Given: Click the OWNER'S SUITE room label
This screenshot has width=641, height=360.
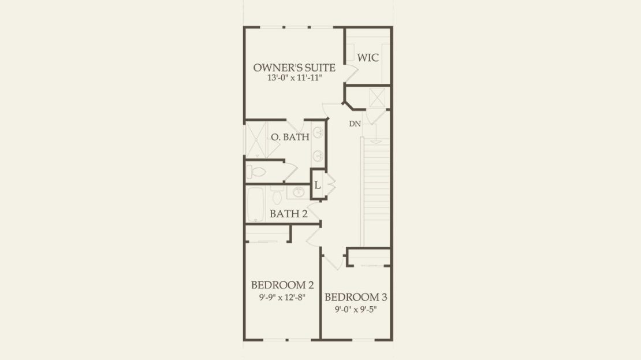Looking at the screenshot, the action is [295, 68].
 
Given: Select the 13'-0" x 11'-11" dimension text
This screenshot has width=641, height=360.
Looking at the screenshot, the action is [295, 78].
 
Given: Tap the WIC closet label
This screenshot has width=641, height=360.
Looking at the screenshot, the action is [368, 58].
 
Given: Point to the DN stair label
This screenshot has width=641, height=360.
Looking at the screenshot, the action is [355, 124].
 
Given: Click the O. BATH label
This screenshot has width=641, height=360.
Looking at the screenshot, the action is [290, 137].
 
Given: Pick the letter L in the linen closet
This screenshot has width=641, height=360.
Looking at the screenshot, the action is [317, 185].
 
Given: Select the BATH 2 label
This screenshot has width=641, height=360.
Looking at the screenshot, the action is [289, 214].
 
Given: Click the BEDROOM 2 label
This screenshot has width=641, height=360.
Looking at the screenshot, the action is [282, 285].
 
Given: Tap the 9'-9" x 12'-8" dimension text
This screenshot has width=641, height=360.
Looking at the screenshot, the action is [282, 298].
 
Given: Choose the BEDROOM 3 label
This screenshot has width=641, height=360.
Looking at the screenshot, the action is [356, 298].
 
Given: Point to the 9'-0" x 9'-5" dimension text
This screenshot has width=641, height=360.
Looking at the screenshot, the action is [356, 310].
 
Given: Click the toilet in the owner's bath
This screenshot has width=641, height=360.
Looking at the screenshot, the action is [256, 172].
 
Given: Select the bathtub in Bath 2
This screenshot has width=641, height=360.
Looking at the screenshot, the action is [255, 204].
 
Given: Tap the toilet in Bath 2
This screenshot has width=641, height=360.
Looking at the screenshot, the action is [277, 195].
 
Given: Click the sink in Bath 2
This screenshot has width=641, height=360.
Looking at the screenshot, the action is [298, 192].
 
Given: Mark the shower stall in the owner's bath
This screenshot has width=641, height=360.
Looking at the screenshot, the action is [256, 139].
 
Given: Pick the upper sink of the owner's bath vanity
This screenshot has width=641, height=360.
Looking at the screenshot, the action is [318, 132].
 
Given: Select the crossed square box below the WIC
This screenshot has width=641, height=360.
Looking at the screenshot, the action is [377, 97].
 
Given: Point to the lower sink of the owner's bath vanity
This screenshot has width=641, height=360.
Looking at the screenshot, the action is [318, 156].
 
